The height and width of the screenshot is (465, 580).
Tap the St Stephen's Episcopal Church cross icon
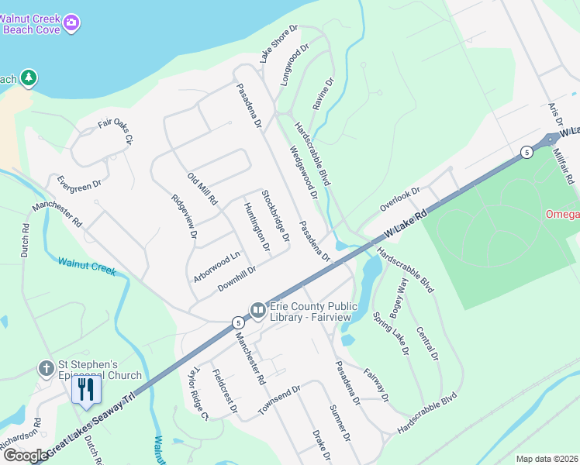coord(47,367)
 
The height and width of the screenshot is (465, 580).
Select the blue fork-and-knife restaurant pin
coord(85,389)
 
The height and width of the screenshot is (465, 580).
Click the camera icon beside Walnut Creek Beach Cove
coord(71,23)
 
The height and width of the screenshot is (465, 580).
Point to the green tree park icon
coord(29,77)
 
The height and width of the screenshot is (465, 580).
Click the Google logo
coord(25,455)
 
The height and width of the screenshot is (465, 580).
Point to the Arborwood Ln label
coord(218,266)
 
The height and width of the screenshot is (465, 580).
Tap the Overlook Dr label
coord(399,199)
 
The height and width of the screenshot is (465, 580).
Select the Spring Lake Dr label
coord(391,332)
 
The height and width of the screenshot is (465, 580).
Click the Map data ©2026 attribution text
coord(547,459)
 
